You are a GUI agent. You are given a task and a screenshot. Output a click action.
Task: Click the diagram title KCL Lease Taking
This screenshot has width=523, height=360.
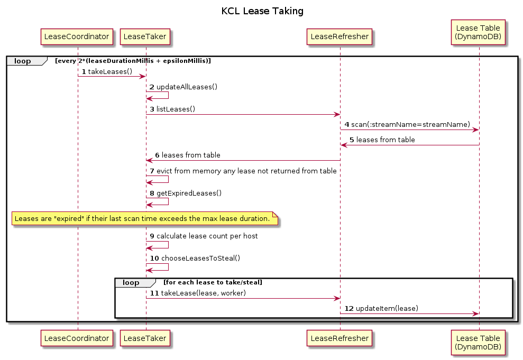click(x=262, y=11)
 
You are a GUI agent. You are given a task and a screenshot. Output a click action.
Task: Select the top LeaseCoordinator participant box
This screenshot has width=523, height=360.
click(x=78, y=36)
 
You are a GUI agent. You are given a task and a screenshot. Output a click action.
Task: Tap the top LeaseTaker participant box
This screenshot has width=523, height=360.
click(x=146, y=36)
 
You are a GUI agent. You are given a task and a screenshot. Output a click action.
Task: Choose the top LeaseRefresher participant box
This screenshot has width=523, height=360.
click(x=340, y=36)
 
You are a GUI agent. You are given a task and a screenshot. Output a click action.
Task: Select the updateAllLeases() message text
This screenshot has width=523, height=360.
click(x=187, y=87)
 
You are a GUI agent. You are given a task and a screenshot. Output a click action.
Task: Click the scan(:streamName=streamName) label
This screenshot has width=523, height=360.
click(x=410, y=124)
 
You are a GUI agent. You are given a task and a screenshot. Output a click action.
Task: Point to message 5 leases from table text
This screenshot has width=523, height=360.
click(x=386, y=140)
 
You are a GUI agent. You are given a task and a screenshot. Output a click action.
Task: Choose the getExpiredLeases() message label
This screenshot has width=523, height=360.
click(x=189, y=193)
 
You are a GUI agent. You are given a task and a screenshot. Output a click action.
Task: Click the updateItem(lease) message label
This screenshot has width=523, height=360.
click(x=387, y=308)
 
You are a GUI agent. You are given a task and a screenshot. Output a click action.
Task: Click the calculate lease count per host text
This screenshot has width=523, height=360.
click(x=207, y=236)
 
